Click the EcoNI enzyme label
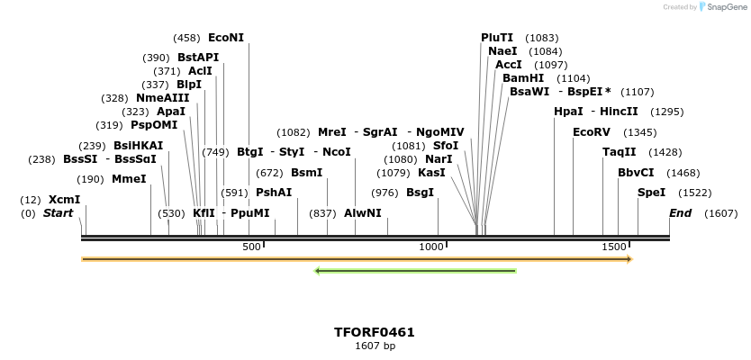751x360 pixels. (x=226, y=38)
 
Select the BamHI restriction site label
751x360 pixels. (x=522, y=78)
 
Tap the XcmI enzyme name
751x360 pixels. (x=64, y=200)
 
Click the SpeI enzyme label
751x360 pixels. (x=651, y=193)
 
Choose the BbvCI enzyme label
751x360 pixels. (x=636, y=173)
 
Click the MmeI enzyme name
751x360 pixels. (x=129, y=179)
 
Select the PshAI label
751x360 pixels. (x=274, y=193)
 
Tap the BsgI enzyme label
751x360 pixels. (x=420, y=193)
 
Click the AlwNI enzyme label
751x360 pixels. (x=363, y=213)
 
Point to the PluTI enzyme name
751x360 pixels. (x=497, y=38)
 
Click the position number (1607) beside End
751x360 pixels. (x=720, y=213)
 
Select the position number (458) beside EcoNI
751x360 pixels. (x=186, y=38)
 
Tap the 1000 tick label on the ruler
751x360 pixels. (x=432, y=247)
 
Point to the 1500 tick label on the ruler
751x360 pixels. (x=614, y=247)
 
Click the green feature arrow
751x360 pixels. (x=415, y=270)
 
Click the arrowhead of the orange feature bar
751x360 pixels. (x=629, y=259)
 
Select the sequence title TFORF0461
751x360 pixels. (x=375, y=332)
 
